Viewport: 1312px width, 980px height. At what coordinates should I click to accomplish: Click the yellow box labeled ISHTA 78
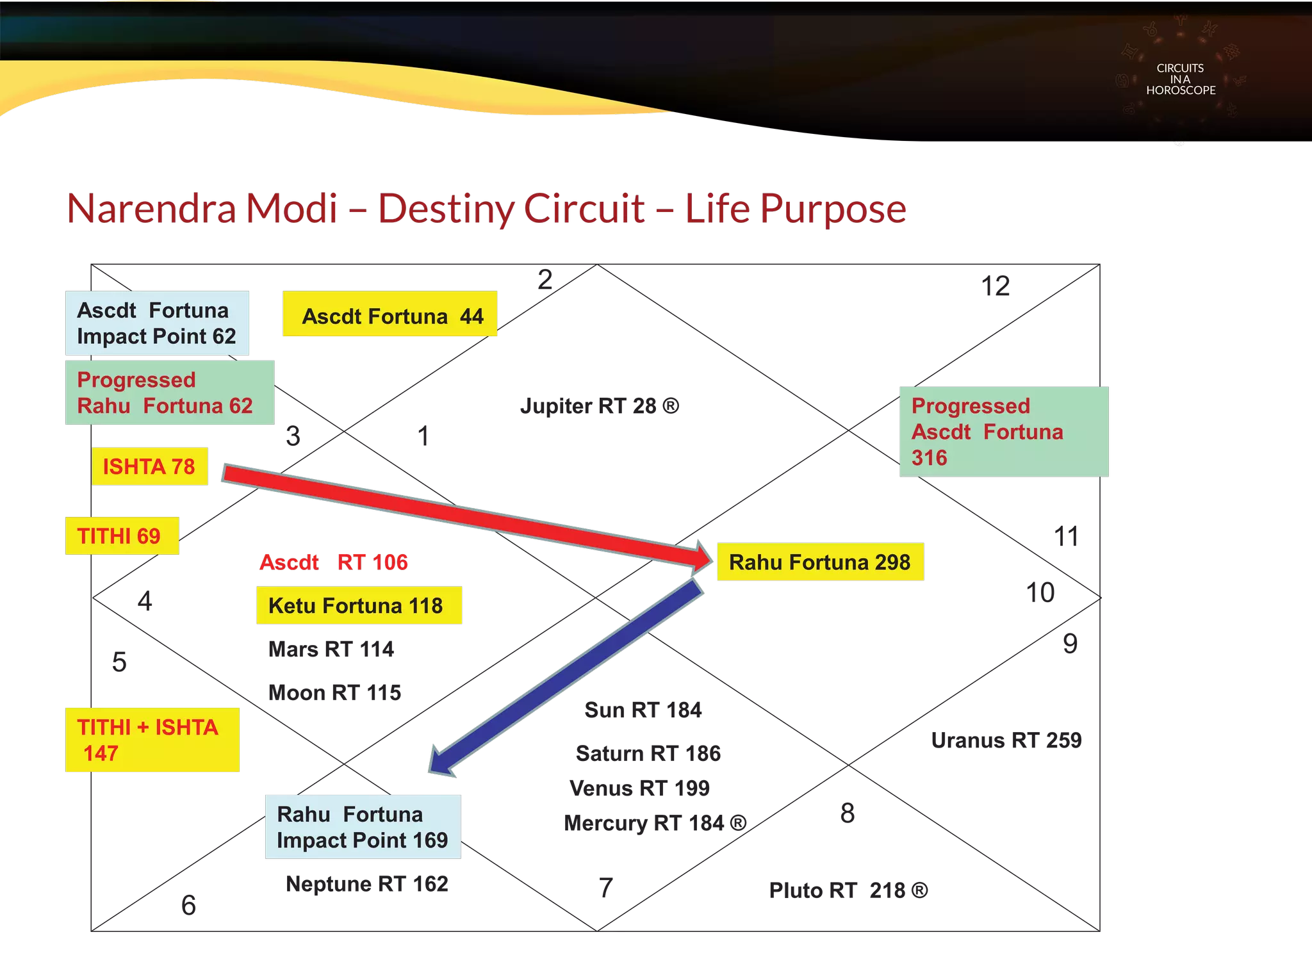[x=150, y=466]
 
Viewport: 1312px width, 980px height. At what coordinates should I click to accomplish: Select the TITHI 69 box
[x=120, y=536]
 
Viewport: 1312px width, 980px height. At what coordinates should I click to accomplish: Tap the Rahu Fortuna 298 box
[x=820, y=562]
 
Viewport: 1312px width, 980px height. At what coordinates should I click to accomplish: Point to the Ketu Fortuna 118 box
[x=359, y=605]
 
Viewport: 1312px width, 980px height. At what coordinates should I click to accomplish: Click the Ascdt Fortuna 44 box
[x=389, y=315]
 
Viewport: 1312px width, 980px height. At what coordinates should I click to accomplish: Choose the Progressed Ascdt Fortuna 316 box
[x=1004, y=431]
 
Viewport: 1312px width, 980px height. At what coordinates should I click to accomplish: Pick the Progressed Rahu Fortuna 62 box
[x=169, y=393]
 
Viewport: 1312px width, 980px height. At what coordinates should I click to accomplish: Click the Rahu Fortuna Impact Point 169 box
[x=362, y=827]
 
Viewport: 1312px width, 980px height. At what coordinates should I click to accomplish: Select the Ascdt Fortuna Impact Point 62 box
[x=157, y=323]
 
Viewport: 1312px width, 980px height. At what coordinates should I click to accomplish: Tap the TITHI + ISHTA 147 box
[x=152, y=740]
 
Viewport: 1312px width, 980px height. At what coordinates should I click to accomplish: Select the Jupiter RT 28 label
[x=599, y=406]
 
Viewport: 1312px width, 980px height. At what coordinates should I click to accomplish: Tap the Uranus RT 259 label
[x=1006, y=740]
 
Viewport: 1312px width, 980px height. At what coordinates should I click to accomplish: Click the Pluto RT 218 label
[x=848, y=890]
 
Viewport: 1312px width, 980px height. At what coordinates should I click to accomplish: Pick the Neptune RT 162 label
[x=367, y=884]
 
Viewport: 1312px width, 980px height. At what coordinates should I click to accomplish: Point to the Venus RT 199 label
[x=639, y=788]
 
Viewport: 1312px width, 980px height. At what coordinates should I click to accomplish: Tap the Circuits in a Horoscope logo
[x=1181, y=79]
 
